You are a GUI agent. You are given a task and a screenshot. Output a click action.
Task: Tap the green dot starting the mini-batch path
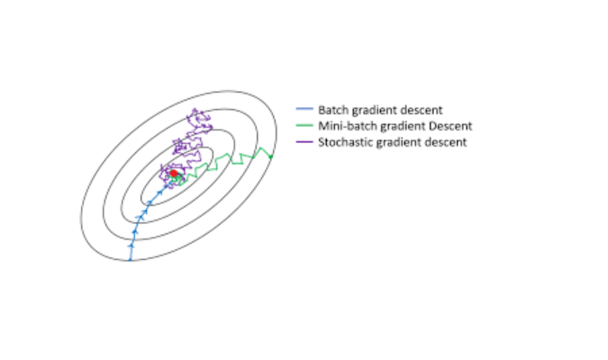(270, 158)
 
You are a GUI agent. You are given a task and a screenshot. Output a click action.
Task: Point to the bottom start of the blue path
(131, 260)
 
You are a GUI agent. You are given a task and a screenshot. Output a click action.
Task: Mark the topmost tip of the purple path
(195, 109)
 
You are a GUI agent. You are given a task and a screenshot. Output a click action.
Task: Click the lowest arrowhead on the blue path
(132, 243)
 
